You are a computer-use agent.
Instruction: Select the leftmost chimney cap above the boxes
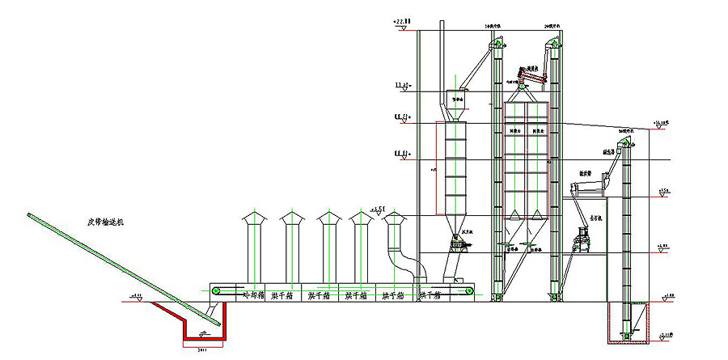pyautogui.click(x=252, y=218)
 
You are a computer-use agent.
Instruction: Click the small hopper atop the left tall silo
pyautogui.click(x=458, y=104)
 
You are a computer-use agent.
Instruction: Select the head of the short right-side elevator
pyautogui.click(x=624, y=145)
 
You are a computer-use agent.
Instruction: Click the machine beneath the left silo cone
pyautogui.click(x=458, y=243)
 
